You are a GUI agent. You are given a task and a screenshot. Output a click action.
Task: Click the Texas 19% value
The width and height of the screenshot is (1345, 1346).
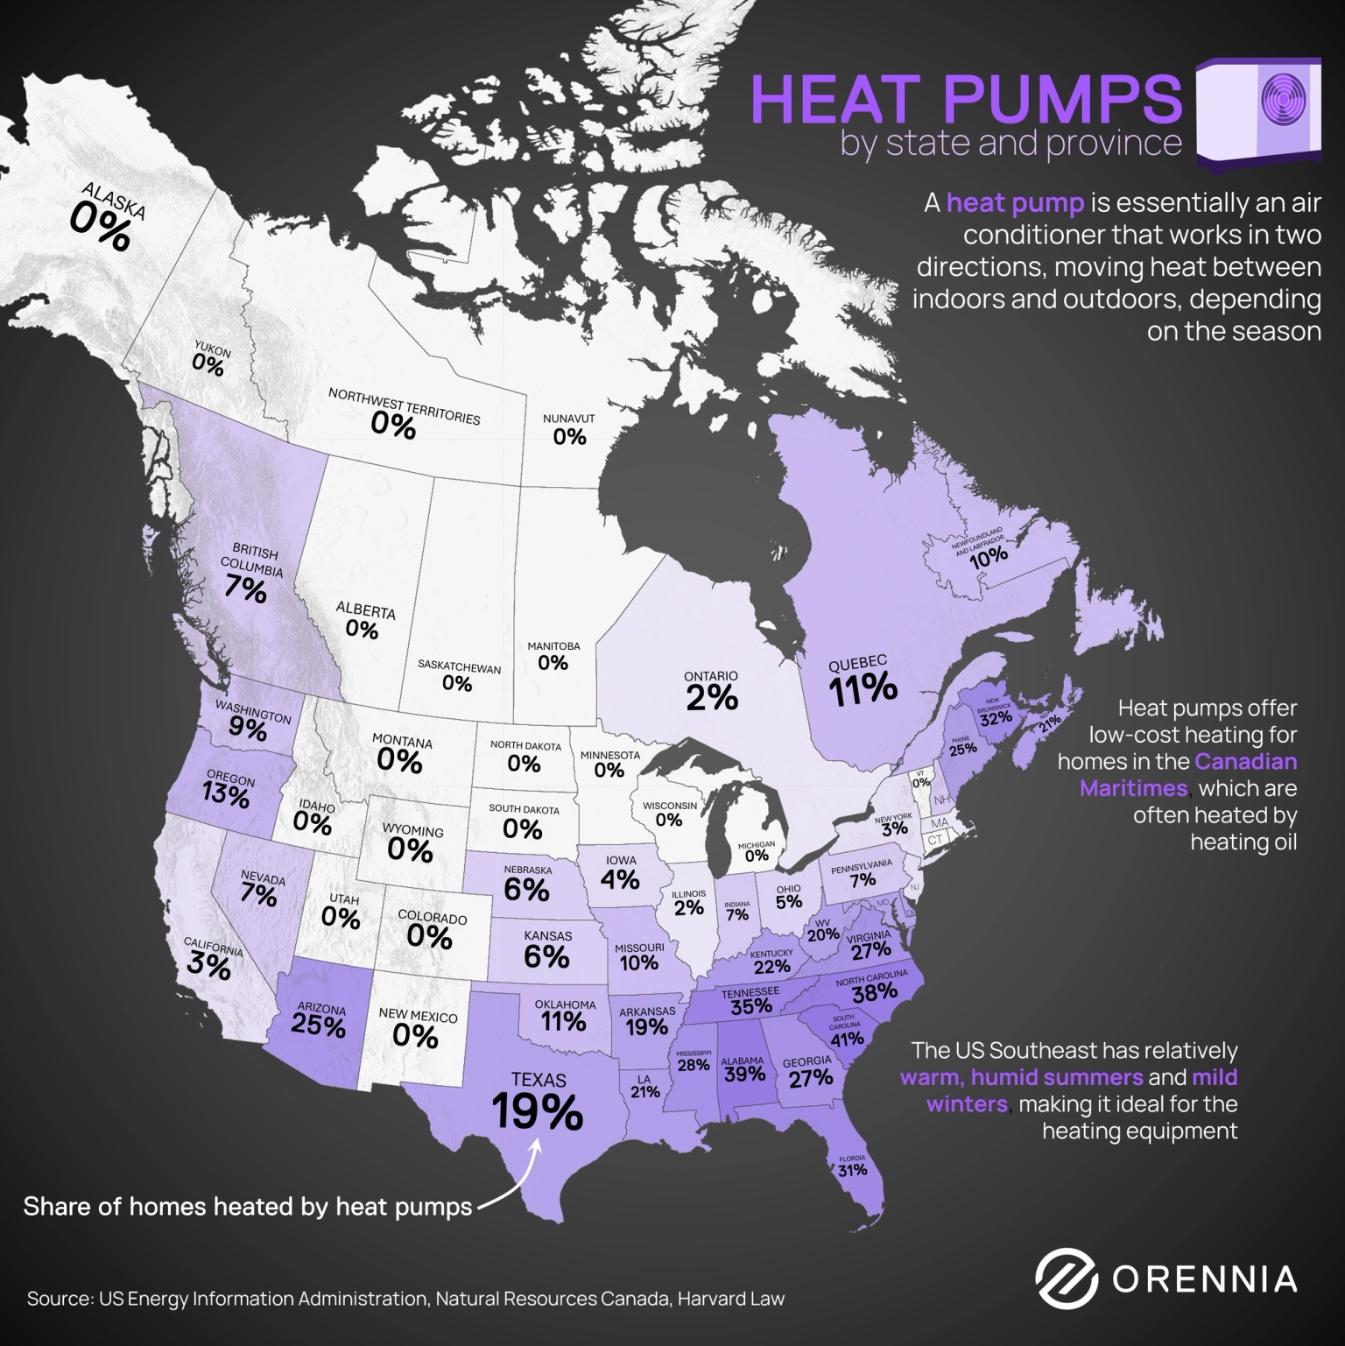pyautogui.click(x=537, y=1111)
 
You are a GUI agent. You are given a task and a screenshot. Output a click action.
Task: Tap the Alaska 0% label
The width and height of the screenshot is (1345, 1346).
pyautogui.click(x=100, y=227)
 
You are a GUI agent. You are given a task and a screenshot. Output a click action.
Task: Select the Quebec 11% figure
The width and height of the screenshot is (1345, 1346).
pyautogui.click(x=863, y=689)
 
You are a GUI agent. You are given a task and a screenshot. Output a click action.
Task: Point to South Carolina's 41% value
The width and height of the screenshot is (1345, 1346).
pyautogui.click(x=848, y=1039)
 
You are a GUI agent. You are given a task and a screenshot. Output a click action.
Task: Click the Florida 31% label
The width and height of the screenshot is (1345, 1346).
pyautogui.click(x=852, y=1170)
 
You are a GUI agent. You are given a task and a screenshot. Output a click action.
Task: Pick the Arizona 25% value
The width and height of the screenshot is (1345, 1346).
pyautogui.click(x=318, y=1025)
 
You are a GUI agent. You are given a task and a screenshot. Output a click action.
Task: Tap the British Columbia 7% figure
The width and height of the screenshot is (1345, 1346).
pyautogui.click(x=245, y=589)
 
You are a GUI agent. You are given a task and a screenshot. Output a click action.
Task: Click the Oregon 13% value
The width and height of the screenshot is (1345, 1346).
pyautogui.click(x=226, y=796)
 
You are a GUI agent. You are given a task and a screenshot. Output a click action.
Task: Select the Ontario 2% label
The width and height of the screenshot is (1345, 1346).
pyautogui.click(x=712, y=697)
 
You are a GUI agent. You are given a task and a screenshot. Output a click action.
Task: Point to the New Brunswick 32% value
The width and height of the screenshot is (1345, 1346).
pyautogui.click(x=996, y=719)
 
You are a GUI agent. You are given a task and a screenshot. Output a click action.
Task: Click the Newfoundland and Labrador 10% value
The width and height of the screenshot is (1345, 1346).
pyautogui.click(x=988, y=555)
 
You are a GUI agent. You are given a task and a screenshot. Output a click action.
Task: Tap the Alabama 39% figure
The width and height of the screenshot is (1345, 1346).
pyautogui.click(x=743, y=1074)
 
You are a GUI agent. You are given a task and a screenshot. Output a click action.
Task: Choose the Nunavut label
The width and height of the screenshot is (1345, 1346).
pyautogui.click(x=568, y=419)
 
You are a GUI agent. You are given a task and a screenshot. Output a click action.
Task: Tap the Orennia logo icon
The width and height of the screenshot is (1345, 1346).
pyautogui.click(x=1066, y=1279)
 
